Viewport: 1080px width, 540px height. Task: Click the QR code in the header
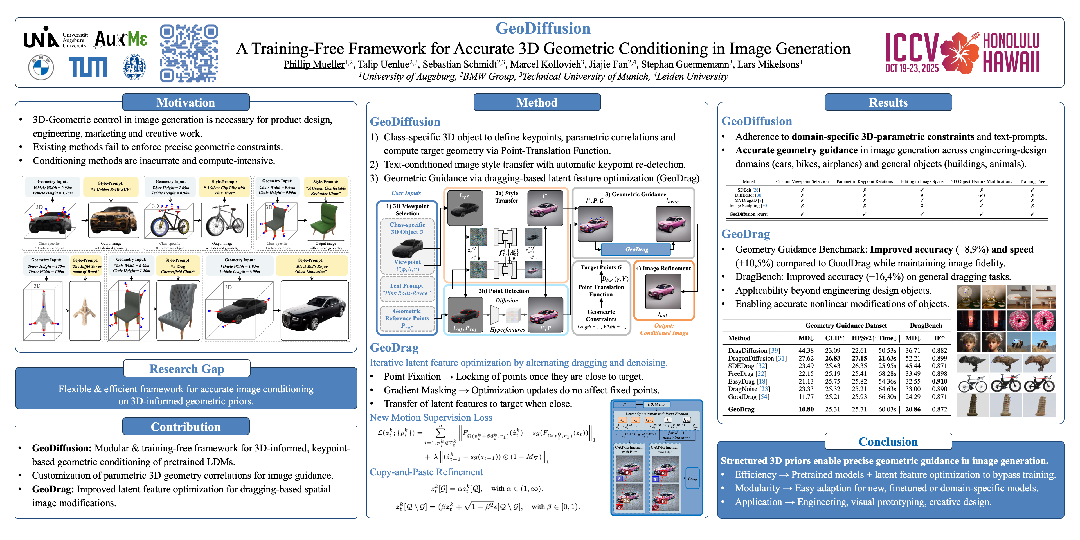(189, 53)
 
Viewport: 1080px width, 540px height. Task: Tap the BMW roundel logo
(41, 67)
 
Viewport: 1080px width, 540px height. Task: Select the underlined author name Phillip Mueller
(314, 64)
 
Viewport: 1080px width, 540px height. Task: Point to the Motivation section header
(186, 102)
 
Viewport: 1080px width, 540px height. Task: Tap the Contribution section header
(186, 426)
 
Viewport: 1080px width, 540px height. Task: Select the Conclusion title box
(888, 442)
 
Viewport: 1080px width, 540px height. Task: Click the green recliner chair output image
(326, 221)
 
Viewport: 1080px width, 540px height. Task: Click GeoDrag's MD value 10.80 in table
(806, 409)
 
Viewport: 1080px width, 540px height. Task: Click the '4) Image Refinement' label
(663, 268)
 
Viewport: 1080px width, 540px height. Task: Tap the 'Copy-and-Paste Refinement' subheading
(426, 472)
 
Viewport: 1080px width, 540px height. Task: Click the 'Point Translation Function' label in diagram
(601, 291)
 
